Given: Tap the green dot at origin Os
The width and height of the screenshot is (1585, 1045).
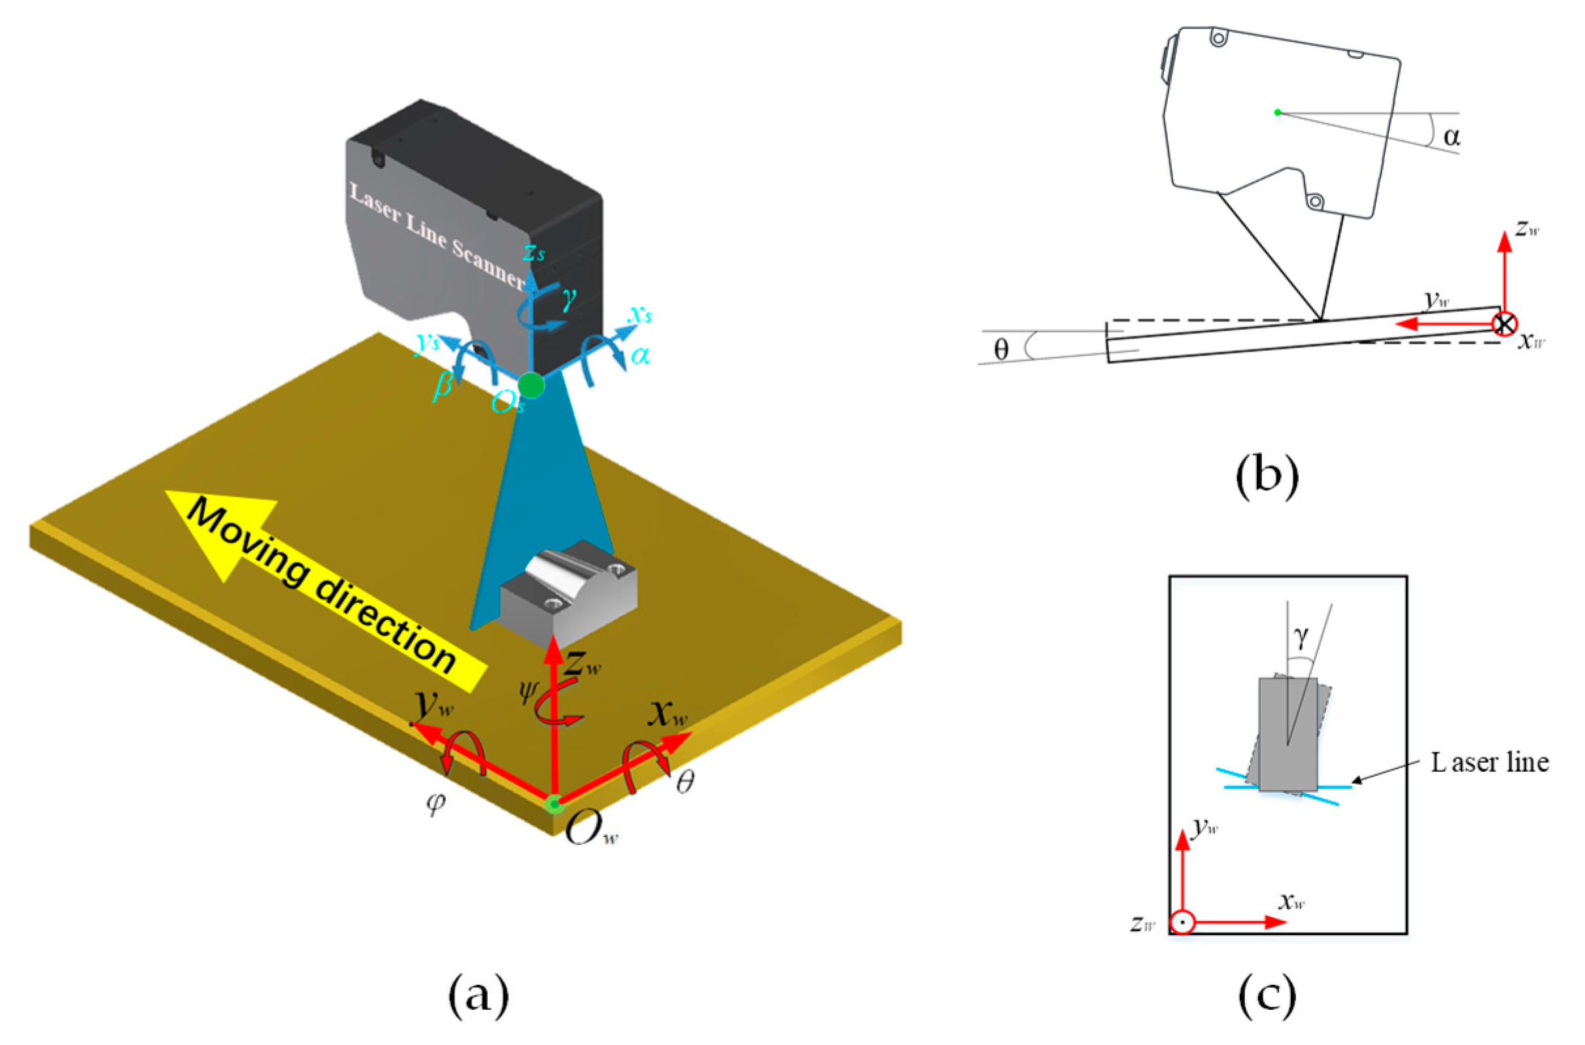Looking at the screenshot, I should [532, 384].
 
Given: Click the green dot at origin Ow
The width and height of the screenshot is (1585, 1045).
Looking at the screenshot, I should [554, 804].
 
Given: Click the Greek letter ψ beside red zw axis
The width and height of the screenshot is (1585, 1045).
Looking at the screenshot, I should [528, 693].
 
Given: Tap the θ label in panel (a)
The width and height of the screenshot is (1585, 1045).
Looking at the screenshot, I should [684, 784].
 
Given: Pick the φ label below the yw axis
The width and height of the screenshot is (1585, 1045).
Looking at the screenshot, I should [435, 804].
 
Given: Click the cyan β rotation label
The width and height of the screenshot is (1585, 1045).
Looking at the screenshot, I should [443, 386].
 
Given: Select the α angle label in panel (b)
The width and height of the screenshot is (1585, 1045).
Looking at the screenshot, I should [1452, 137].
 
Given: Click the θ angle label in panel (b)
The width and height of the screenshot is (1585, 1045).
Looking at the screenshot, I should [1001, 349].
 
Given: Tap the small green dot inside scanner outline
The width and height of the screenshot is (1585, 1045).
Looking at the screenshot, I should [1277, 112].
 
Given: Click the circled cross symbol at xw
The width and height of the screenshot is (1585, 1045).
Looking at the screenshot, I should [1505, 325].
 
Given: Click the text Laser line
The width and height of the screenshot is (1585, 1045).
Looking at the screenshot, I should [1490, 763].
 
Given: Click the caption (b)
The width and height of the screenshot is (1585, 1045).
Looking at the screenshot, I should [1267, 478].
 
